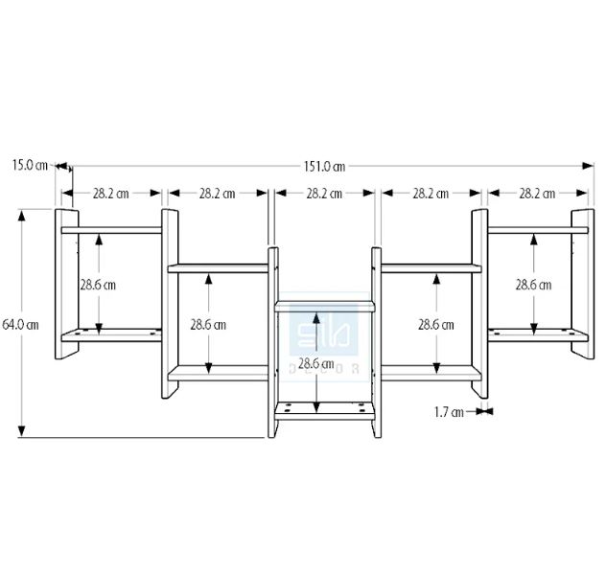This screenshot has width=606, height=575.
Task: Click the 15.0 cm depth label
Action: tap(30, 165)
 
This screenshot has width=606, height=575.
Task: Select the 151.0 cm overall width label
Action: tap(325, 167)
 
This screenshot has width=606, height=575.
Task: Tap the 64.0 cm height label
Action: tap(20, 324)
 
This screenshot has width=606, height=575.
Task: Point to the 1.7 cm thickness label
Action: tap(449, 412)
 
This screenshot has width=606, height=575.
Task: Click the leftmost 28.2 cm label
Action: tap(110, 194)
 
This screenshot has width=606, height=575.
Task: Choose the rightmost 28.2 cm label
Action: tap(537, 194)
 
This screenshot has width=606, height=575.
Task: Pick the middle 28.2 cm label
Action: tap(324, 194)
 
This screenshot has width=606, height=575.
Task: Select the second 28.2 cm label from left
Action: tap(218, 194)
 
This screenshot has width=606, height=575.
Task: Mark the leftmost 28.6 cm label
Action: tap(97, 285)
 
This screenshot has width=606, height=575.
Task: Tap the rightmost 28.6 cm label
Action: tap(533, 285)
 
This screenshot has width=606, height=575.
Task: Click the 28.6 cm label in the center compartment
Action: tap(315, 363)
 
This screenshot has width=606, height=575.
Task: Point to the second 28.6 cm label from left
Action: tap(207, 324)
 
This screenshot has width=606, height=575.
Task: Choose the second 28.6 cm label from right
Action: tap(435, 324)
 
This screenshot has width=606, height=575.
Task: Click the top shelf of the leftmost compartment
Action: tap(110, 230)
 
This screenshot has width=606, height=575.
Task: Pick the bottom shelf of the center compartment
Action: tap(324, 409)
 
